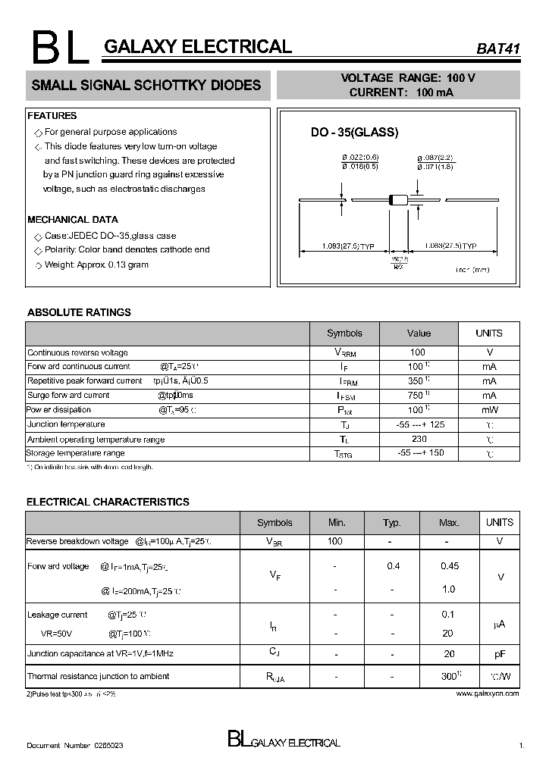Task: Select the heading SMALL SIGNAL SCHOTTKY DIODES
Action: coord(146,86)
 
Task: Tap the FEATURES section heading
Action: coord(52,116)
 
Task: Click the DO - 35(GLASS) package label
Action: coord(354,132)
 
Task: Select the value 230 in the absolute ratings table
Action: coord(419,439)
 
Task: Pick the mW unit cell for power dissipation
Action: coord(488,410)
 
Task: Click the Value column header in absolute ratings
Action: coord(419,333)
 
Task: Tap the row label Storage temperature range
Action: coord(76,453)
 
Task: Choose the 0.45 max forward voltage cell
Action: coord(449,566)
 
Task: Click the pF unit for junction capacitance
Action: coord(500,653)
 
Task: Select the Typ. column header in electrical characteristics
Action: coord(391,523)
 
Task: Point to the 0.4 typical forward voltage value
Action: coord(393,566)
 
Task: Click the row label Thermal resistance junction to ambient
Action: coord(98,676)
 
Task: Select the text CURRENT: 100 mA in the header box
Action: coord(401,92)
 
